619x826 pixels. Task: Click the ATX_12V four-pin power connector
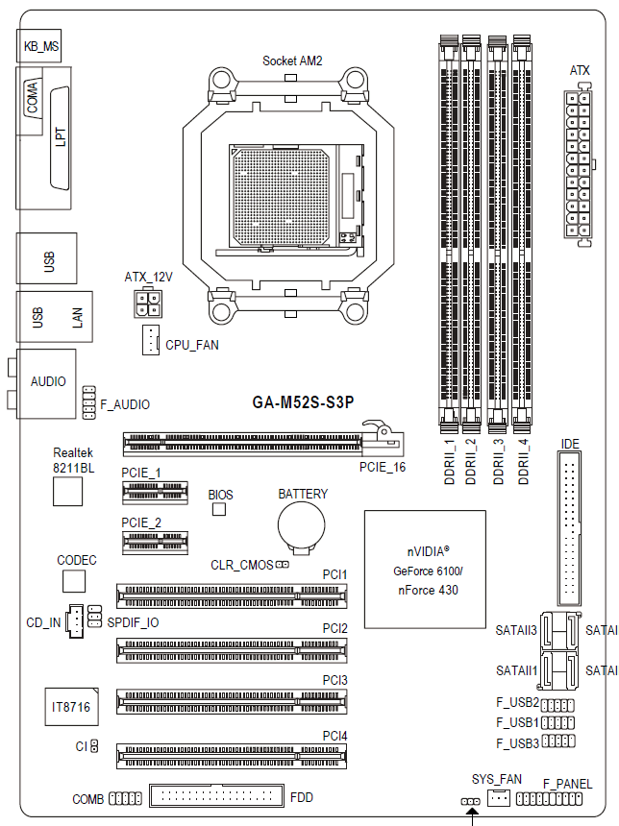point(148,303)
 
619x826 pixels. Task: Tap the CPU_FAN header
point(151,340)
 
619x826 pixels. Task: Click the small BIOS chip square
point(219,509)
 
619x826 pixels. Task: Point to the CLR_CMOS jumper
point(282,565)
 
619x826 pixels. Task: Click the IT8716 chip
point(71,706)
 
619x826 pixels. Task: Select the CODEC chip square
point(74,582)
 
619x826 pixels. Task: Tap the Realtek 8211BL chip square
point(67,491)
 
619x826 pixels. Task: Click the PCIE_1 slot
point(155,493)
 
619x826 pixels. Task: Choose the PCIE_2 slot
point(155,543)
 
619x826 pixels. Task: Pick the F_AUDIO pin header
point(89,402)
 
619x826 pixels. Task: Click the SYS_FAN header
point(498,798)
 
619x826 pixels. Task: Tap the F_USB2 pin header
point(557,705)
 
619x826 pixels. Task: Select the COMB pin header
point(125,798)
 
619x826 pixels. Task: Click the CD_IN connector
point(75,621)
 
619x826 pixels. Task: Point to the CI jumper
point(94,746)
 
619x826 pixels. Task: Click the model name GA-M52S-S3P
point(303,402)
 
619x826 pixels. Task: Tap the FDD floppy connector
point(216,796)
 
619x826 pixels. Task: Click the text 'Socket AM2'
point(292,61)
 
